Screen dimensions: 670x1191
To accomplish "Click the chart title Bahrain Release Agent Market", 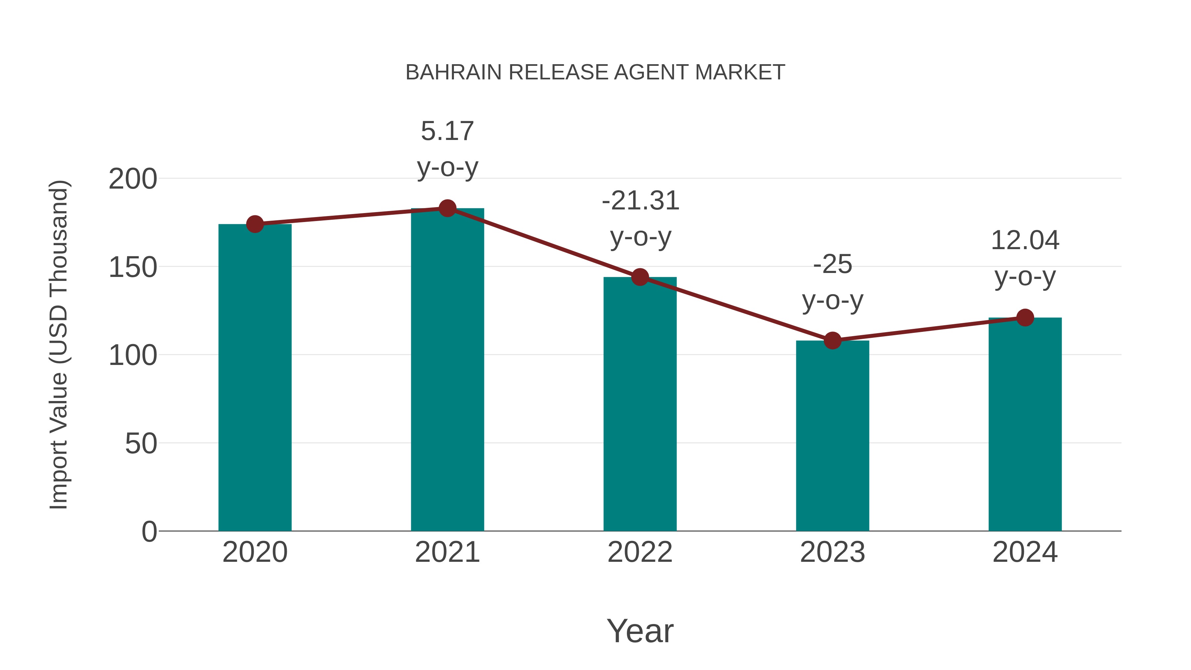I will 595,72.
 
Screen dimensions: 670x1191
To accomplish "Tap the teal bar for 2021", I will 447,370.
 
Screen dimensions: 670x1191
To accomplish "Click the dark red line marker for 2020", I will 255,224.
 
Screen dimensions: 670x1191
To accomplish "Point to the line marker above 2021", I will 447,208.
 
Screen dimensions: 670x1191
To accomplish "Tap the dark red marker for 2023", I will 832,341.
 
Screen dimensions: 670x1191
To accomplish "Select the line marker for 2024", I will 1025,318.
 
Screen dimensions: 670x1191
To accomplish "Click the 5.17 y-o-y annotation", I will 447,149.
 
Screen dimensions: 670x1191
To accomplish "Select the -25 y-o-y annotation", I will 832,282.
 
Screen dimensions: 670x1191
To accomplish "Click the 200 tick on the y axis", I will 133,179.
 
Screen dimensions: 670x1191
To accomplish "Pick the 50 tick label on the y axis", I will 141,444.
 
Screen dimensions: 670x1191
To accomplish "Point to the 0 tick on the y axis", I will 149,532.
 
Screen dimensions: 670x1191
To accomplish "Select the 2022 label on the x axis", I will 640,552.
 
